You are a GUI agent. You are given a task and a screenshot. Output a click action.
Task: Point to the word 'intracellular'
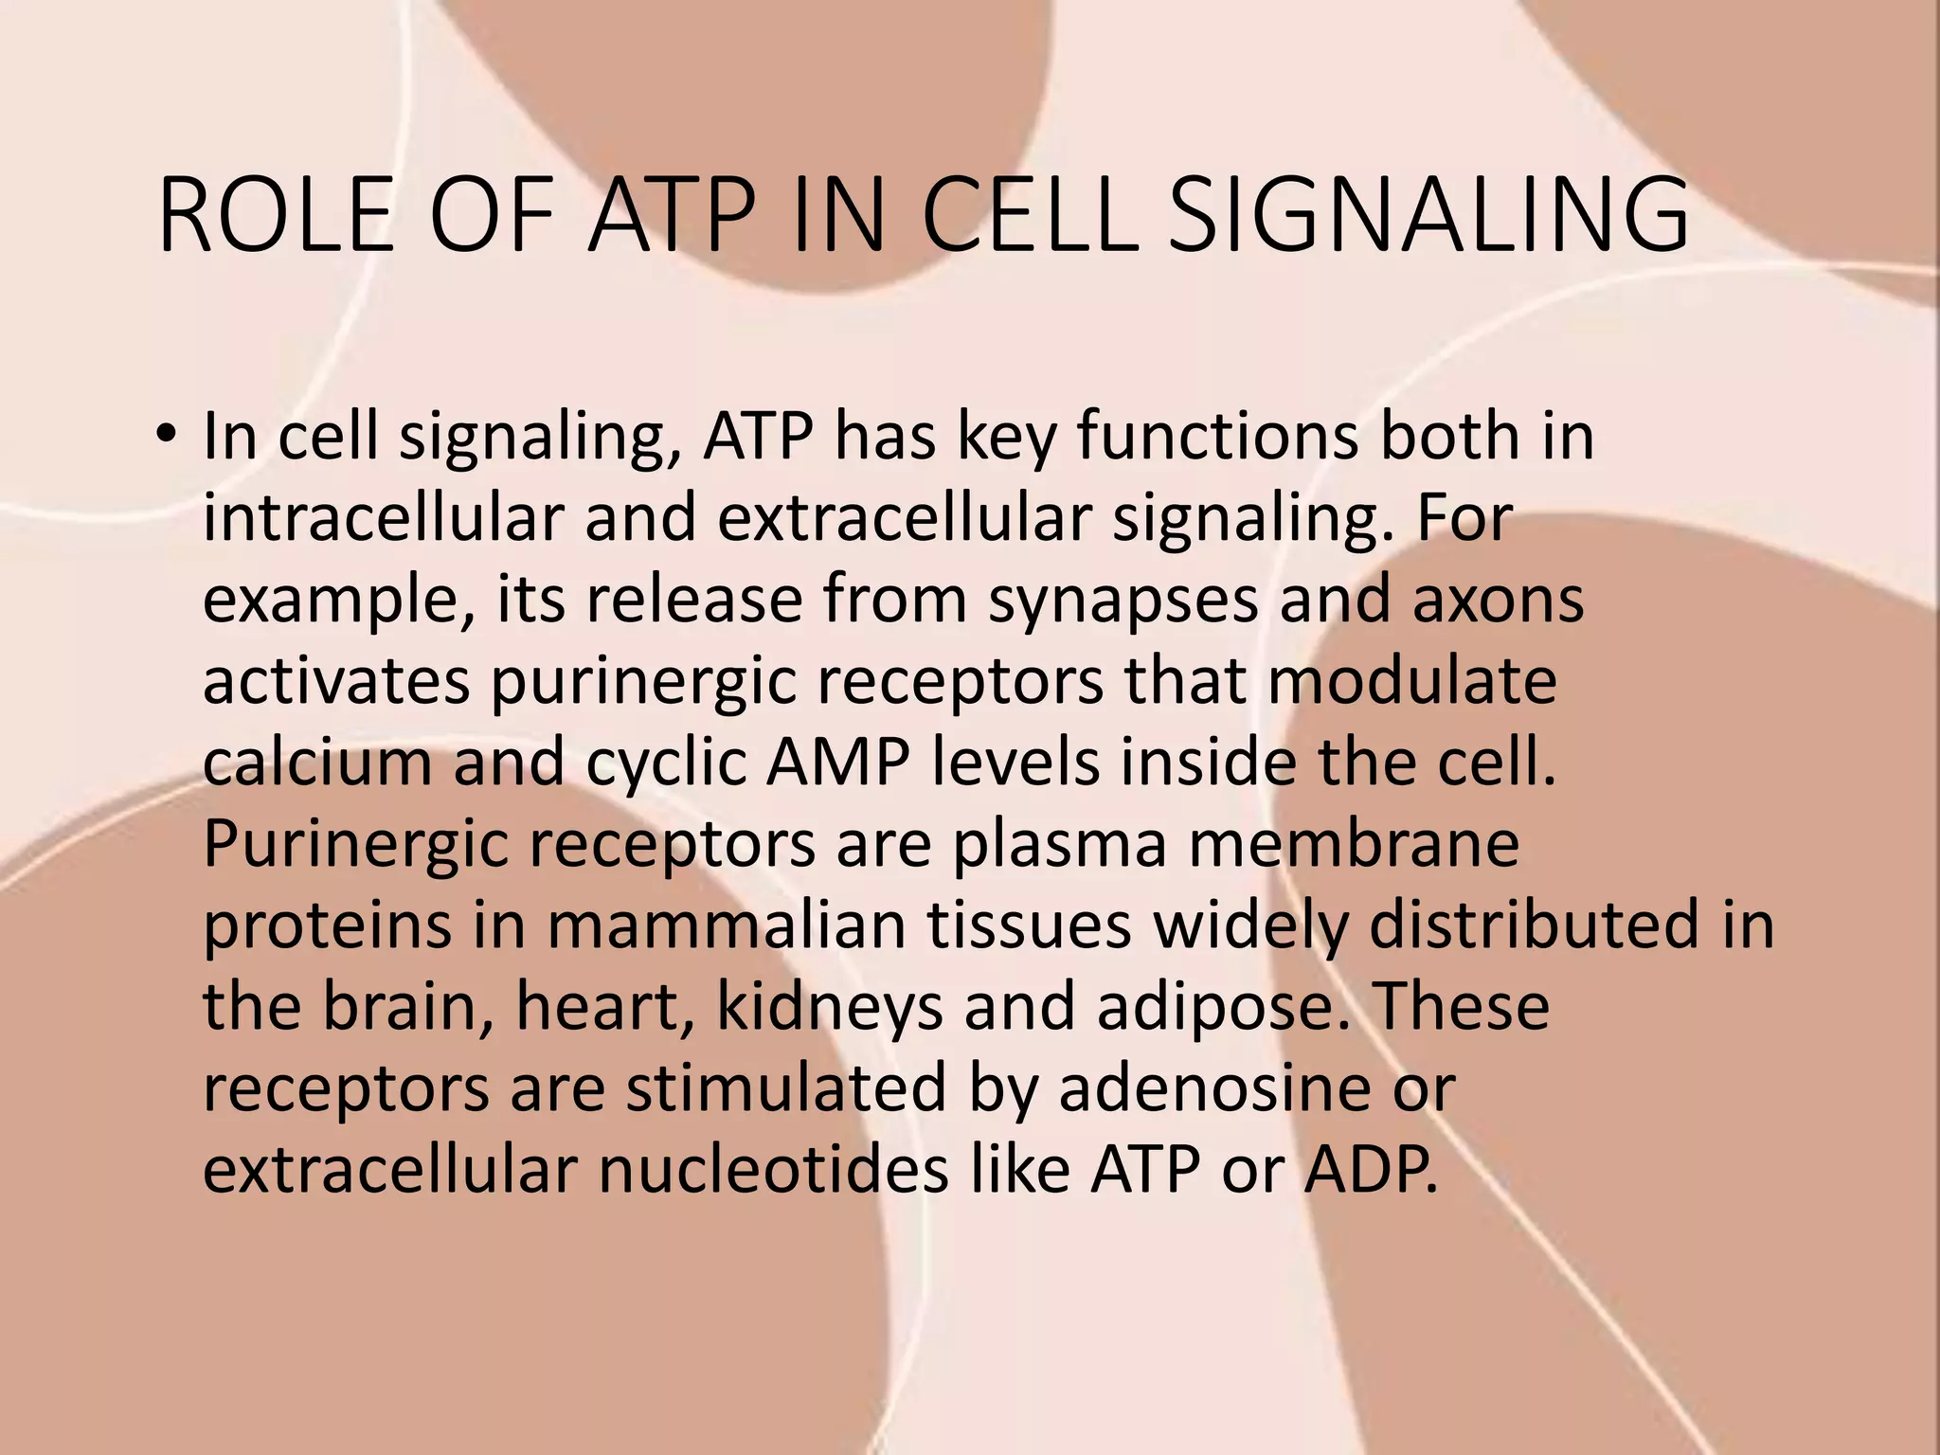pyautogui.click(x=384, y=518)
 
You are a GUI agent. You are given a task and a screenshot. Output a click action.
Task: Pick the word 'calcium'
pyautogui.click(x=317, y=763)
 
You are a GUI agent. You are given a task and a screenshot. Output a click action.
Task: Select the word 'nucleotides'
pyautogui.click(x=773, y=1170)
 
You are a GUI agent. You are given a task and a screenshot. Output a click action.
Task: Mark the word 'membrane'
pyautogui.click(x=1354, y=844)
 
